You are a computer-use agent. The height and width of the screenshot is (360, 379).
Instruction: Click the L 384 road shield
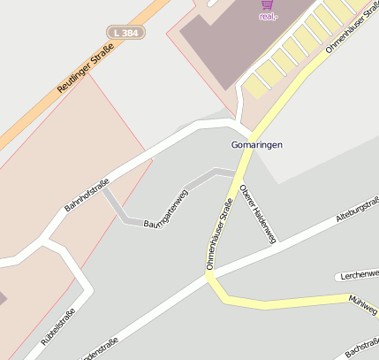click(x=125, y=33)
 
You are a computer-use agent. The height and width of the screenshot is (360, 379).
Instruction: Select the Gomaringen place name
click(x=256, y=144)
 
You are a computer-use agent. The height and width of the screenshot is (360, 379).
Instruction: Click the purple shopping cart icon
click(x=268, y=4)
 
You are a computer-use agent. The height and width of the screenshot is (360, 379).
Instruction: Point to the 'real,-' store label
click(x=269, y=16)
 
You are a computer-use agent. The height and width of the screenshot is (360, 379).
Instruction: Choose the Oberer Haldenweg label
click(x=258, y=212)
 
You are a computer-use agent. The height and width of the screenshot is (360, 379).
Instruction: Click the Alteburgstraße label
click(x=358, y=206)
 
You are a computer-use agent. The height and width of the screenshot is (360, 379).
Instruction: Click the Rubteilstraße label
click(x=58, y=329)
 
